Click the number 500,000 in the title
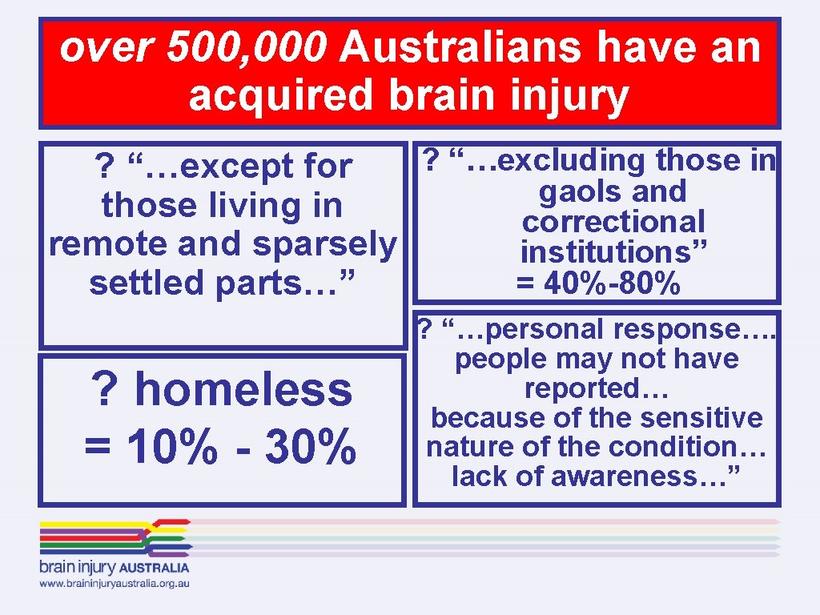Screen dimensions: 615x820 (x=247, y=48)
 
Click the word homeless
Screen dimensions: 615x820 (x=243, y=390)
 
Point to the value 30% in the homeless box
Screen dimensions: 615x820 (x=310, y=446)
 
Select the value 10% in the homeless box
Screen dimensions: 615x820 (x=150, y=446)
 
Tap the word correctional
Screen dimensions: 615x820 (x=613, y=222)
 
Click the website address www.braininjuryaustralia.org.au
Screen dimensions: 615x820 (x=115, y=585)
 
